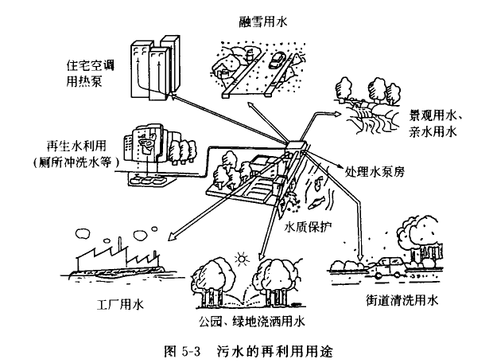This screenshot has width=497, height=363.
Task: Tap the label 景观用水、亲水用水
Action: coord(437,120)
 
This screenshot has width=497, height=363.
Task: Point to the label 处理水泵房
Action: coord(375,170)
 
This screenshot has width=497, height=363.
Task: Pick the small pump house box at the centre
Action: coord(297,146)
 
